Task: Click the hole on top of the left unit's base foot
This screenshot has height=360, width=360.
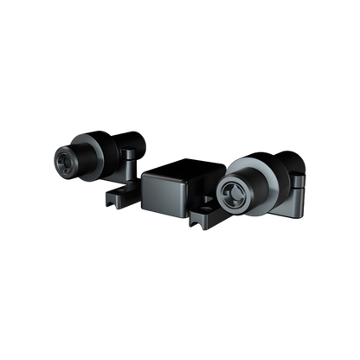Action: pos(121,189)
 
